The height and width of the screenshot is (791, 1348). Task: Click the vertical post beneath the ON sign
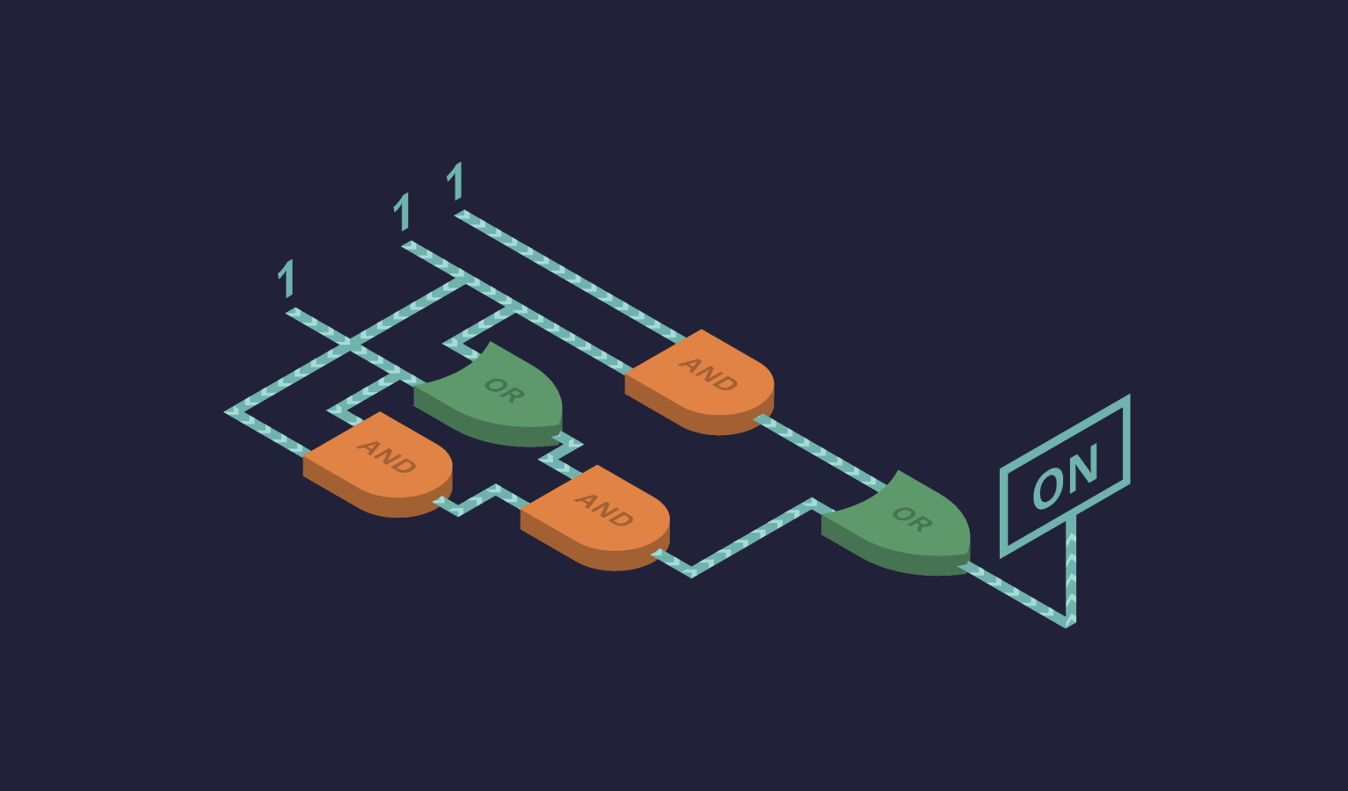[x=1071, y=569]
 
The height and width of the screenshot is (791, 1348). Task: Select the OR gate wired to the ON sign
[x=897, y=523]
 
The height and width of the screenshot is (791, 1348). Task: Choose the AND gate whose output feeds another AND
[x=377, y=464]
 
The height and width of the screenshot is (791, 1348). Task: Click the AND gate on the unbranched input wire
[x=699, y=382]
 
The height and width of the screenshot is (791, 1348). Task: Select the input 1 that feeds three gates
[x=403, y=211]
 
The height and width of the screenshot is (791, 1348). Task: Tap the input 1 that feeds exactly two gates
[x=287, y=278]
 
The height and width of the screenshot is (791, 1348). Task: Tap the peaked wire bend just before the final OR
[x=812, y=502]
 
